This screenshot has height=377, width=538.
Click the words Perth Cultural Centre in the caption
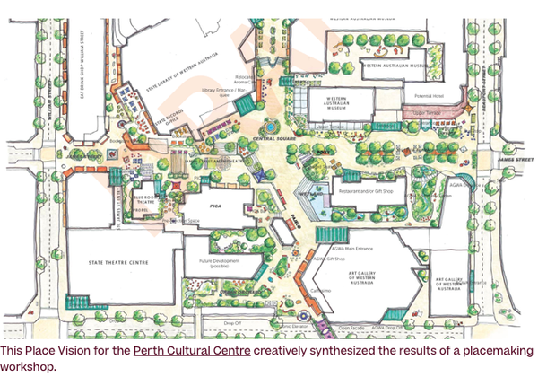point(192,350)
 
